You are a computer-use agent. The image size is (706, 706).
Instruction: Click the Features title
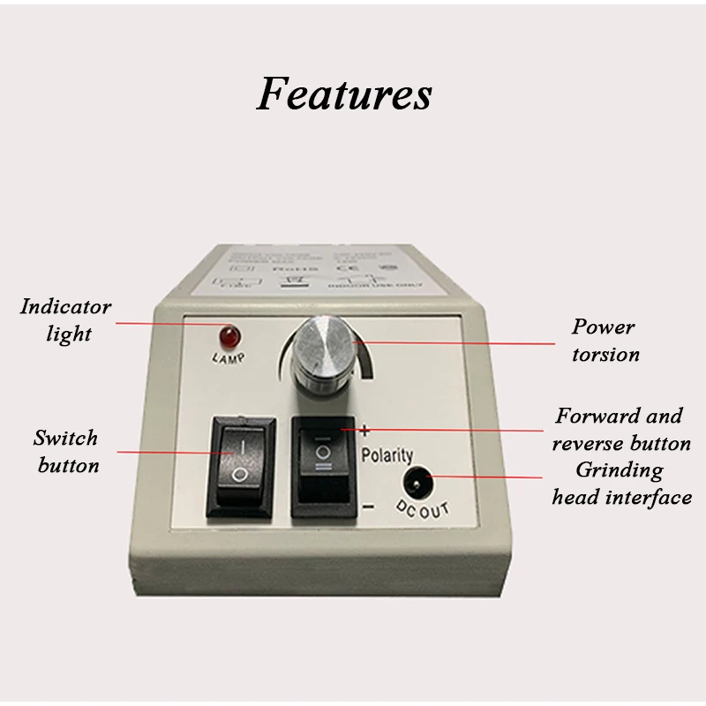(344, 94)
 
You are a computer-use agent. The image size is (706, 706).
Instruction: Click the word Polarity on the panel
(387, 455)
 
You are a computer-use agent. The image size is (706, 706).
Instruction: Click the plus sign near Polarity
(364, 431)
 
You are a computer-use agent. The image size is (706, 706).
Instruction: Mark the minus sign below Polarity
(368, 507)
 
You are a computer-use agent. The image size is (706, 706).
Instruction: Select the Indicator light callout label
(66, 320)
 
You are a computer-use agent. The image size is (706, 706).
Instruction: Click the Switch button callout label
(66, 451)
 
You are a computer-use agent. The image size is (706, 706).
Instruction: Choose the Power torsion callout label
(604, 341)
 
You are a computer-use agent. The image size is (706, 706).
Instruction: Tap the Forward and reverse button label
(620, 429)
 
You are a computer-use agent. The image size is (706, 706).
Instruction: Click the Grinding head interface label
(620, 484)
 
